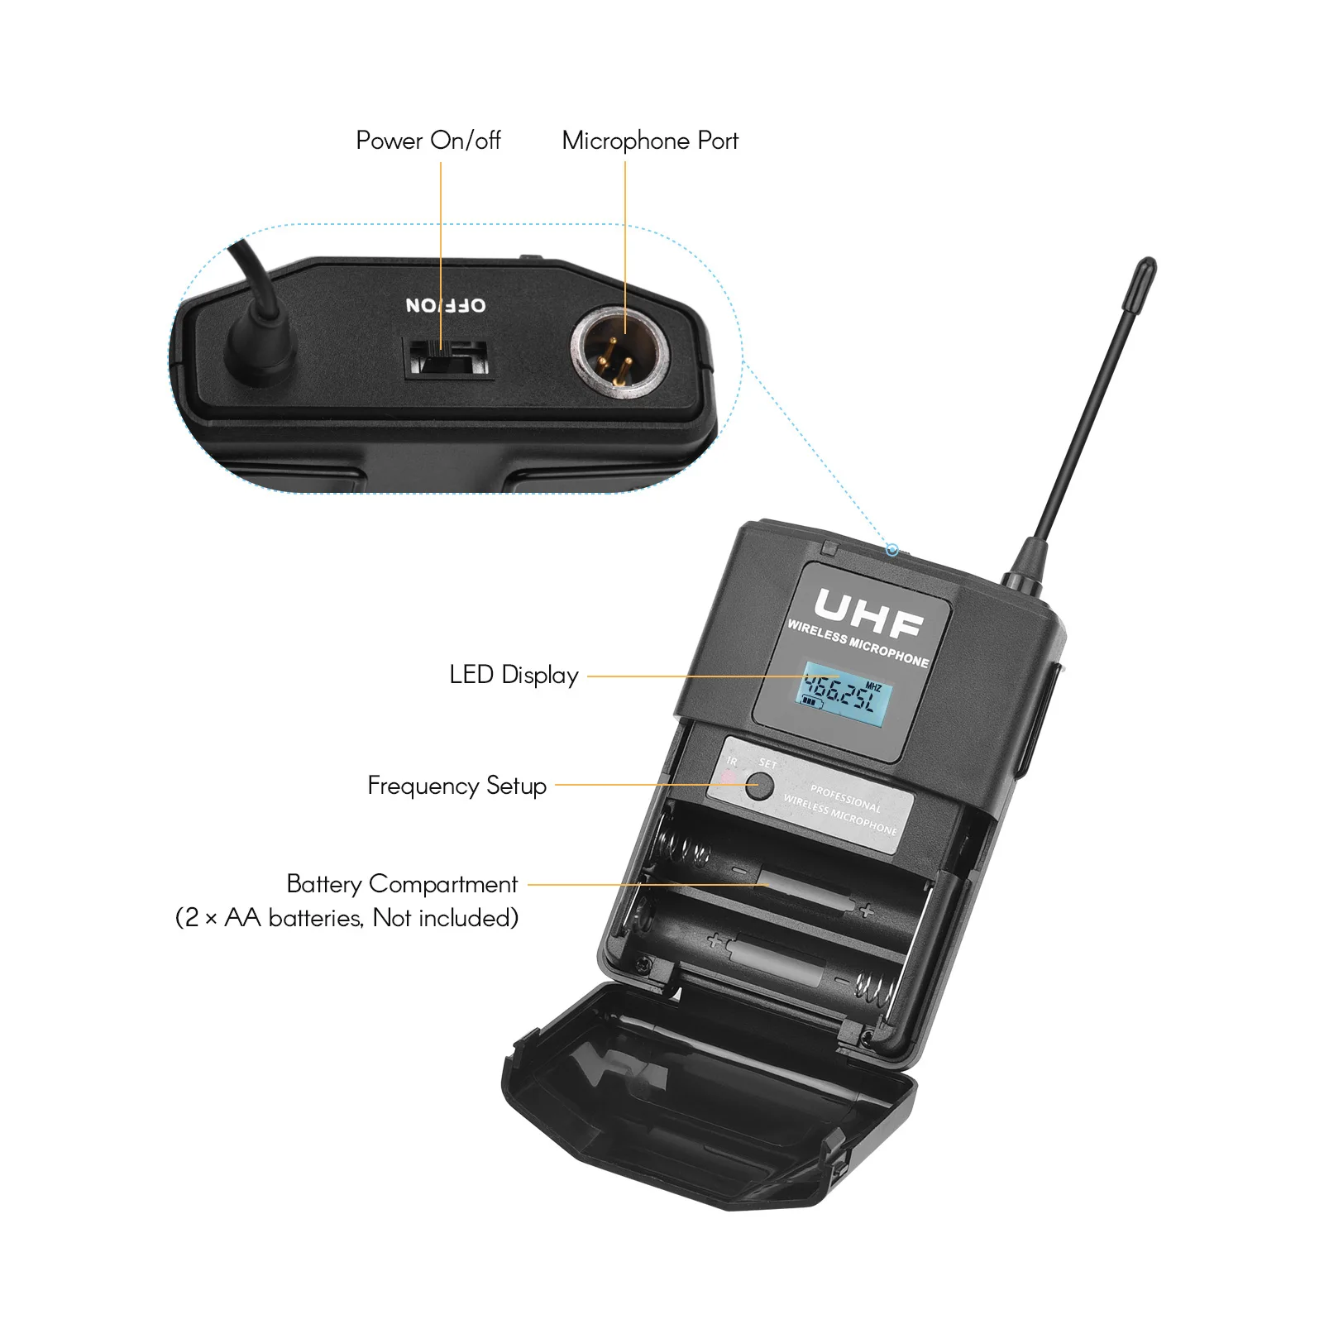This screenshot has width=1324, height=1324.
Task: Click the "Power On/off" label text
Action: click(428, 141)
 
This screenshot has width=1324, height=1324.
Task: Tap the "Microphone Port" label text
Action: click(650, 141)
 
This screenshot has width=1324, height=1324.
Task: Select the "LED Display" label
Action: click(514, 675)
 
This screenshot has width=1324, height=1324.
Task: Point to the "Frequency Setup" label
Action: click(456, 785)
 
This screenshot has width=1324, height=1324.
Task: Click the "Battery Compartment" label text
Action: click(402, 884)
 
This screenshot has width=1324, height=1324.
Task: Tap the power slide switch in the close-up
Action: click(447, 358)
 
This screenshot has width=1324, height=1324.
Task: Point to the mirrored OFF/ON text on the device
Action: click(446, 305)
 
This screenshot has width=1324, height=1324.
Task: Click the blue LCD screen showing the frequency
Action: click(844, 695)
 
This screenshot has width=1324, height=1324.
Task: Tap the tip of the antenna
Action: click(1147, 267)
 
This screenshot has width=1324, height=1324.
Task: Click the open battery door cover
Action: click(703, 1100)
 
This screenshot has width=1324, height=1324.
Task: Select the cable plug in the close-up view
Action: click(260, 347)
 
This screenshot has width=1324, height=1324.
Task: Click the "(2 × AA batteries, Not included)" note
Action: click(347, 918)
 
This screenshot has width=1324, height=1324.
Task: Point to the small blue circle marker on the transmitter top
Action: click(891, 550)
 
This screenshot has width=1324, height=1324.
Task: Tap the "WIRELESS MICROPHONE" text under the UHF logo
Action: click(858, 643)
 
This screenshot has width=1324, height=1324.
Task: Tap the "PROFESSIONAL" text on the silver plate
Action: click(845, 797)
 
